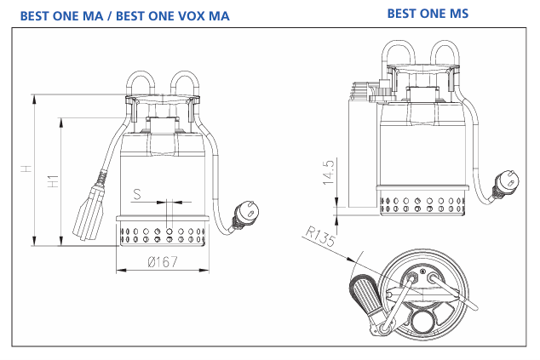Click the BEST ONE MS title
[x=428, y=14]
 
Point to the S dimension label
[x=138, y=195]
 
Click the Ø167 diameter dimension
[x=161, y=261]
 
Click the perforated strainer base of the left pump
[x=161, y=233]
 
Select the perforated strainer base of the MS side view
[x=422, y=205]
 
